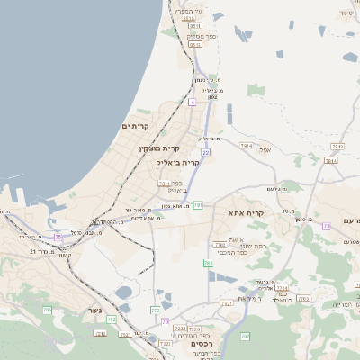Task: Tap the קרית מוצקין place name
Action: point(158,148)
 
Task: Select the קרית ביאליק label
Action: point(177,163)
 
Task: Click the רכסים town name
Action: point(202,343)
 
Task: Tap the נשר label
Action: point(94,310)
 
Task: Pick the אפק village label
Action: point(265,149)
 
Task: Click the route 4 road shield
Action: point(193,103)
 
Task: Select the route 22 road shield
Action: point(205,153)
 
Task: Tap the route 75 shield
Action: point(58,237)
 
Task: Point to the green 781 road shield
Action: point(197,204)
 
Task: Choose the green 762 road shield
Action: point(303,298)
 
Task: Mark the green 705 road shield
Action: point(47,310)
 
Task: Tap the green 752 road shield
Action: point(111,319)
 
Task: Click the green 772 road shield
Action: point(155,310)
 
